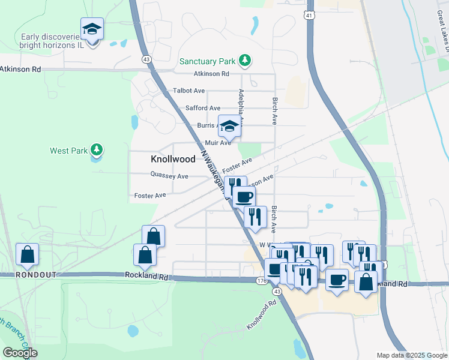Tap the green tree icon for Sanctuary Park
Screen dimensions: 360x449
click(x=244, y=60)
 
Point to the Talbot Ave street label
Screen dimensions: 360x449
click(x=189, y=91)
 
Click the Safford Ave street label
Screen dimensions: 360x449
click(x=203, y=108)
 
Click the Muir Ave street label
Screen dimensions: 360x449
click(x=217, y=143)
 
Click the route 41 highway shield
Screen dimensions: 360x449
click(x=308, y=14)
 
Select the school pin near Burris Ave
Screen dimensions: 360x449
click(x=229, y=126)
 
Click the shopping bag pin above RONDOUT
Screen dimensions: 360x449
click(x=28, y=254)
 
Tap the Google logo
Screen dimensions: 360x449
click(x=20, y=353)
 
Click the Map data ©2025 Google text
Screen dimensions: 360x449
click(x=412, y=355)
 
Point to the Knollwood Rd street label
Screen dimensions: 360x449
click(x=262, y=316)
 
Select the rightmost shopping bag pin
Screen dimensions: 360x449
click(x=366, y=281)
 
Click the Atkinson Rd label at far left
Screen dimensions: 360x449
click(x=20, y=70)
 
